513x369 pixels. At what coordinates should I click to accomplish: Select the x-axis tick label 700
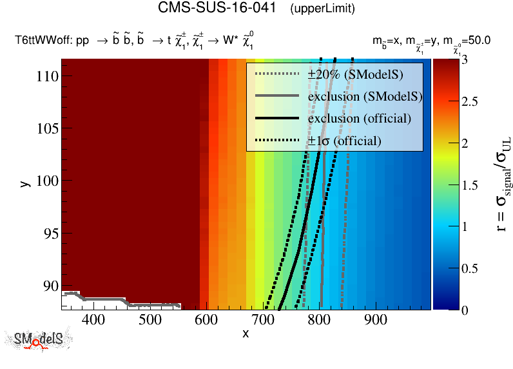(263, 319)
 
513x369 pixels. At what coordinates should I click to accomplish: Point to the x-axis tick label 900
(376, 319)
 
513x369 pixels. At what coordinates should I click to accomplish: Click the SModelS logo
(38, 340)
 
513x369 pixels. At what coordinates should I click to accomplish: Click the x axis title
(246, 334)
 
